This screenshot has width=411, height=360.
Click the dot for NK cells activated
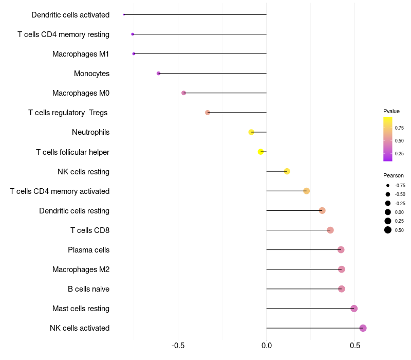coord(363,328)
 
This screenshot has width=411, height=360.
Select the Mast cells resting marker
coord(354,309)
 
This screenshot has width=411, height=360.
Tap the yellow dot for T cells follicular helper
coord(261,152)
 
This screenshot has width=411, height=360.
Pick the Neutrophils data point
coord(251,132)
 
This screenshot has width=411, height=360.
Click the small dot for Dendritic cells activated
coord(124,14)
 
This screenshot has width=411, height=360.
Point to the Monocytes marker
coord(158,74)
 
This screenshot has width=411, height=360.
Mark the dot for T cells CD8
coord(330,230)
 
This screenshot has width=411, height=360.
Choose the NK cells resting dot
coord(287,171)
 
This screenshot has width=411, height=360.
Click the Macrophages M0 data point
coord(183,93)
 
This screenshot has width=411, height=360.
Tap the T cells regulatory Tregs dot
coord(208,113)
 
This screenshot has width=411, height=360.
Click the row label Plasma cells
coord(88,250)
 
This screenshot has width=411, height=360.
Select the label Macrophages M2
coord(81,269)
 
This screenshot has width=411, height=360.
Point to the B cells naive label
coord(88,289)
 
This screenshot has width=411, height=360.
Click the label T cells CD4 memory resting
coord(63,34)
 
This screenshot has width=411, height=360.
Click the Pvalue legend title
coord(391,111)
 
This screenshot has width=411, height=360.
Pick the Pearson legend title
coord(394,175)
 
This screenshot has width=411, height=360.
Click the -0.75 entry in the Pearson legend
coord(400,185)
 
